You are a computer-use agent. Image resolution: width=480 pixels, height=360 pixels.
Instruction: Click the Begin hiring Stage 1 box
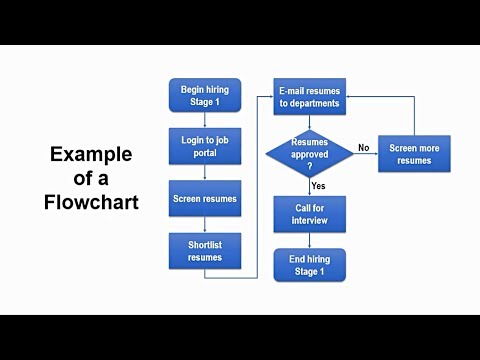(205, 95)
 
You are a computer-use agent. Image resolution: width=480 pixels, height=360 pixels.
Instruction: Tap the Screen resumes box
(205, 198)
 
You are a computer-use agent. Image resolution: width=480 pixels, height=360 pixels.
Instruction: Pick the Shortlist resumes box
(205, 251)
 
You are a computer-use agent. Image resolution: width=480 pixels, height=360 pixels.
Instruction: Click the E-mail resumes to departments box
(309, 96)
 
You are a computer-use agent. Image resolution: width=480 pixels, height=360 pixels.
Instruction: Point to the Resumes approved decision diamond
(309, 152)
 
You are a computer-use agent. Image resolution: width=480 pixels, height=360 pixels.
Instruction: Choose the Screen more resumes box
(414, 153)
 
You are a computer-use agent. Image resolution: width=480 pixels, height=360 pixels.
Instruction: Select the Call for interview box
(309, 212)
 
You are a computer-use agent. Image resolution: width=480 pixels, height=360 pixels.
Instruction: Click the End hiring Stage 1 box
(309, 265)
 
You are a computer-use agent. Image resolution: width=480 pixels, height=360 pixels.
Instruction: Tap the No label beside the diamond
(363, 146)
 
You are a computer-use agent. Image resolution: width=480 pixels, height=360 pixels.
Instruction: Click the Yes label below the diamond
(319, 186)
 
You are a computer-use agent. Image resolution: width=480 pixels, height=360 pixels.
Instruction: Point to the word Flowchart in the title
(91, 201)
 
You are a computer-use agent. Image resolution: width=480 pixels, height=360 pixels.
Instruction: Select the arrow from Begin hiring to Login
(205, 120)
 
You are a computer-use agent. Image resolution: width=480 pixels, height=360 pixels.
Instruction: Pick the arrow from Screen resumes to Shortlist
(205, 224)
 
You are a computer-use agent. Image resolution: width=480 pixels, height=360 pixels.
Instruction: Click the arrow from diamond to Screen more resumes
(364, 154)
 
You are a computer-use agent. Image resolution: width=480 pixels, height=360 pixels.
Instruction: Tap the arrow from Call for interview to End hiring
(309, 240)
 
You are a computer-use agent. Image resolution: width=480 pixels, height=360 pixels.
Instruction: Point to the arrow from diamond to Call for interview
(309, 187)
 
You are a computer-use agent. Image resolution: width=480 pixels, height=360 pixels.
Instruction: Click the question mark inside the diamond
(309, 166)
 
